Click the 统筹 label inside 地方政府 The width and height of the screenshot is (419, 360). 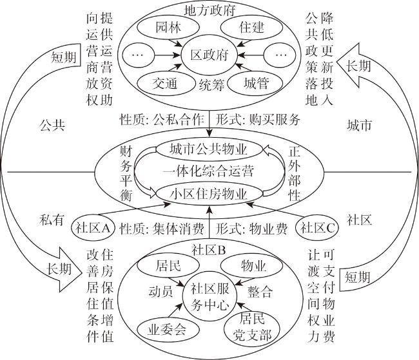(211, 85)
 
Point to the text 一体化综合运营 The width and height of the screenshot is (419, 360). (208, 171)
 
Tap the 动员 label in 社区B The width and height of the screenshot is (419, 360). (160, 291)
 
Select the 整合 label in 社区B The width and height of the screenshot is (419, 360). (260, 291)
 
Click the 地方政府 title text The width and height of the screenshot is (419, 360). (209, 10)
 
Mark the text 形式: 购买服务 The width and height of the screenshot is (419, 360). (258, 119)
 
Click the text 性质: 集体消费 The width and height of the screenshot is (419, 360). (162, 229)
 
